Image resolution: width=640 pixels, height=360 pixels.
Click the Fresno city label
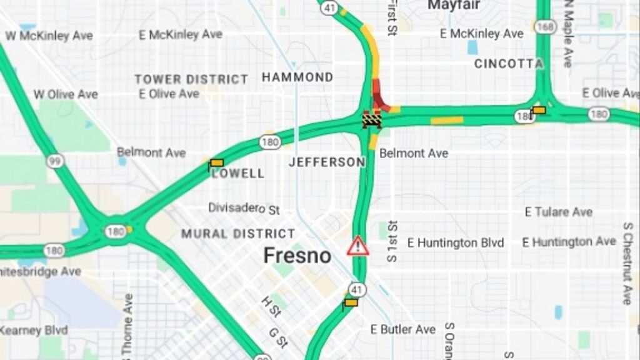(x=297, y=256)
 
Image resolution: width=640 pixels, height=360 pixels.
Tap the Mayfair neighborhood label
(x=454, y=6)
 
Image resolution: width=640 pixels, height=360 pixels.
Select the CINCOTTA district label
(x=508, y=64)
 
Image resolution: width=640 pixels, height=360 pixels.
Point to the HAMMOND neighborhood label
(x=297, y=77)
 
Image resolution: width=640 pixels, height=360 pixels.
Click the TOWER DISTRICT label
(x=191, y=79)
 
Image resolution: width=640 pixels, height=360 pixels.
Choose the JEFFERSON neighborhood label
(x=326, y=162)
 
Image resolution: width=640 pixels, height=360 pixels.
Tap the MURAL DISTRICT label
(x=238, y=234)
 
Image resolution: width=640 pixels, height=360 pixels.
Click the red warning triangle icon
(x=357, y=246)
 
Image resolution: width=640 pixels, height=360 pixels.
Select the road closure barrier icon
(x=372, y=119)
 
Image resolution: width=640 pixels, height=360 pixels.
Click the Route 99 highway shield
(x=55, y=161)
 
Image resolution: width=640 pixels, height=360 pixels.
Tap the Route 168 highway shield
(x=545, y=26)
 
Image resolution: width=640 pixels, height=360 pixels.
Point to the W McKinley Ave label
(x=49, y=36)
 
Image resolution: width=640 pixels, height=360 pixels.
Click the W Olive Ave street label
(x=66, y=94)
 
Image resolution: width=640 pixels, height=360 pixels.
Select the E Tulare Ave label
(x=558, y=212)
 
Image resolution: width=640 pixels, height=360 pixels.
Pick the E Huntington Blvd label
(x=455, y=242)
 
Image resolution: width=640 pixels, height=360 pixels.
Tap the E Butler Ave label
(x=402, y=329)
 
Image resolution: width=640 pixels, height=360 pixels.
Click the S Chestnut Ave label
(x=627, y=262)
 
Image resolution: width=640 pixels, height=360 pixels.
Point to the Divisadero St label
(x=244, y=208)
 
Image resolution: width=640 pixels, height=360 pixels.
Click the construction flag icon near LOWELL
(x=216, y=164)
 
